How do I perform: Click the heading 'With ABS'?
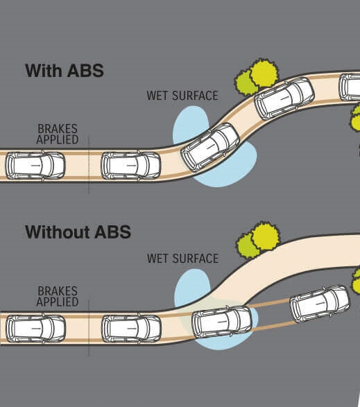tap(65, 70)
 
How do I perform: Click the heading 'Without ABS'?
tap(78, 232)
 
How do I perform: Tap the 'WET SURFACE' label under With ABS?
tap(182, 96)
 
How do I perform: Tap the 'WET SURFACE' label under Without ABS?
tap(182, 259)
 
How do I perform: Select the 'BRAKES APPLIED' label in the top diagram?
tap(58, 135)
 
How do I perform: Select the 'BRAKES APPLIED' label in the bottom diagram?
tap(58, 297)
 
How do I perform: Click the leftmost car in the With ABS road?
tap(35, 165)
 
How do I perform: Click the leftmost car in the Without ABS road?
tap(36, 329)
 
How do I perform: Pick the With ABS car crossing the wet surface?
tap(210, 147)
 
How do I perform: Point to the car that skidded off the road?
tap(320, 304)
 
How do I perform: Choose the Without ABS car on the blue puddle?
tap(222, 322)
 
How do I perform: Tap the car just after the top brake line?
tap(130, 165)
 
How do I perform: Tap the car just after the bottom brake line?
tap(131, 329)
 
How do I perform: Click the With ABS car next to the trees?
tap(284, 98)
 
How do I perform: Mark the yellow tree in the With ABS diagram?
tap(264, 73)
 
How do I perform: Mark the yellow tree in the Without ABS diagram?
tap(266, 236)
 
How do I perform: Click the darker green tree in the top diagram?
tap(246, 83)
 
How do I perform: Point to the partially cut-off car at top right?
tap(350, 87)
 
